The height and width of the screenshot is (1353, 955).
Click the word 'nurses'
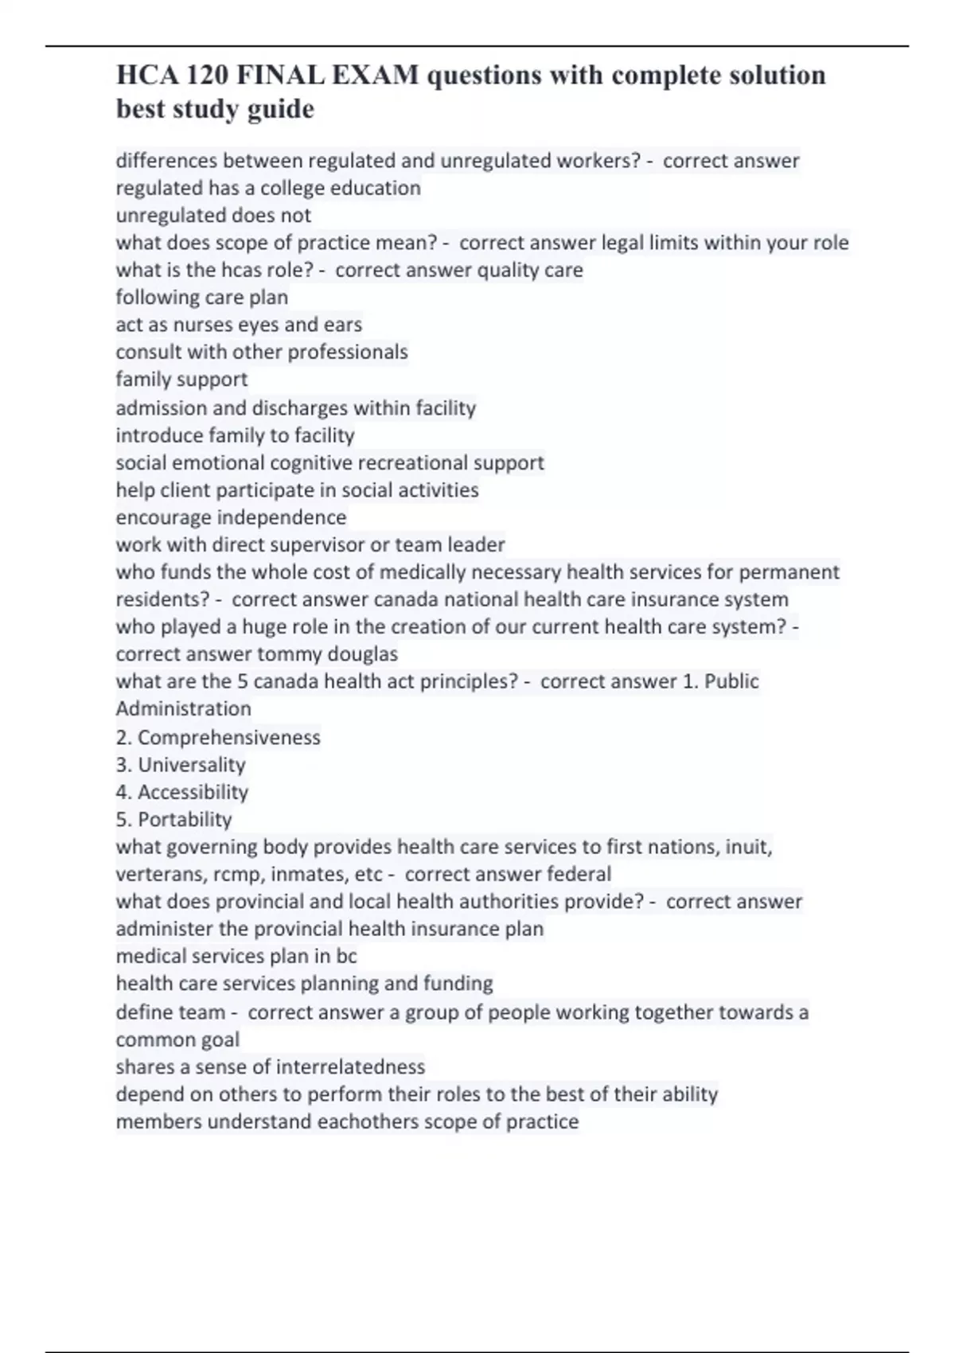coord(193,325)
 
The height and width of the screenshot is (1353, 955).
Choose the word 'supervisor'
coord(314,544)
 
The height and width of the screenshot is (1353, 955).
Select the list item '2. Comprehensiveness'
coord(218,738)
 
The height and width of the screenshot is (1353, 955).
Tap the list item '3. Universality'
coord(181,765)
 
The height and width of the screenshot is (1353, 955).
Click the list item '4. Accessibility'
coord(182,792)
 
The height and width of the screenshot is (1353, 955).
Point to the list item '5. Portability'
coord(173,819)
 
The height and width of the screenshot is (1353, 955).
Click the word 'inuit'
coord(747,847)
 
